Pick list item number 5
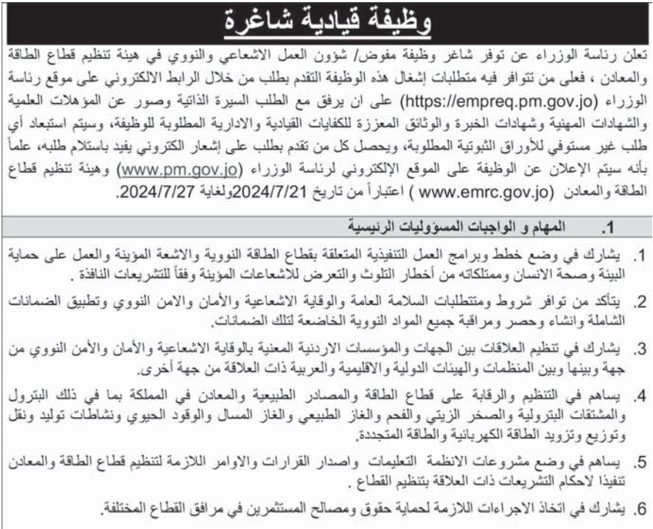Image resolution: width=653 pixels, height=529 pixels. point(640,462)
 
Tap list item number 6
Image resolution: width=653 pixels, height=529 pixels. point(640,509)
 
